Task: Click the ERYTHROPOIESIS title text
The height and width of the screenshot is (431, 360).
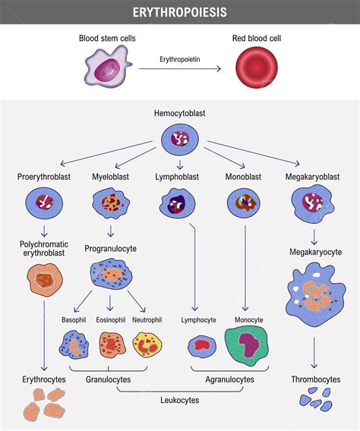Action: pos(179,12)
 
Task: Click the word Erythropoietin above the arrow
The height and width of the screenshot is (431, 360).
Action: pos(179,58)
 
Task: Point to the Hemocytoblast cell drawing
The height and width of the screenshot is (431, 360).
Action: pos(179,140)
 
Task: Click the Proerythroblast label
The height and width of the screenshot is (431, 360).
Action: pos(43,177)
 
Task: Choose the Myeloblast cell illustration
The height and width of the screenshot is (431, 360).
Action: pos(111,203)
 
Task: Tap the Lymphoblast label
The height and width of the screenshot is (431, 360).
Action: pos(179,177)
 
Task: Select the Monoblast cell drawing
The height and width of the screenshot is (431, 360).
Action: pos(244,203)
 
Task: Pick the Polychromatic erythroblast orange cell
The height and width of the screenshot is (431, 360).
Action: pos(44,278)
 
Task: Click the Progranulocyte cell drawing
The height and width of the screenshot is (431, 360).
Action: pos(111,274)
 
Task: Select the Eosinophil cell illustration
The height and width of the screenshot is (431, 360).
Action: pos(111,345)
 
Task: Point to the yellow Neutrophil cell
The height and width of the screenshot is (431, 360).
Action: pos(147,345)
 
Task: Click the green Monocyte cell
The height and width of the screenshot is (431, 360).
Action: pos(248,347)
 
